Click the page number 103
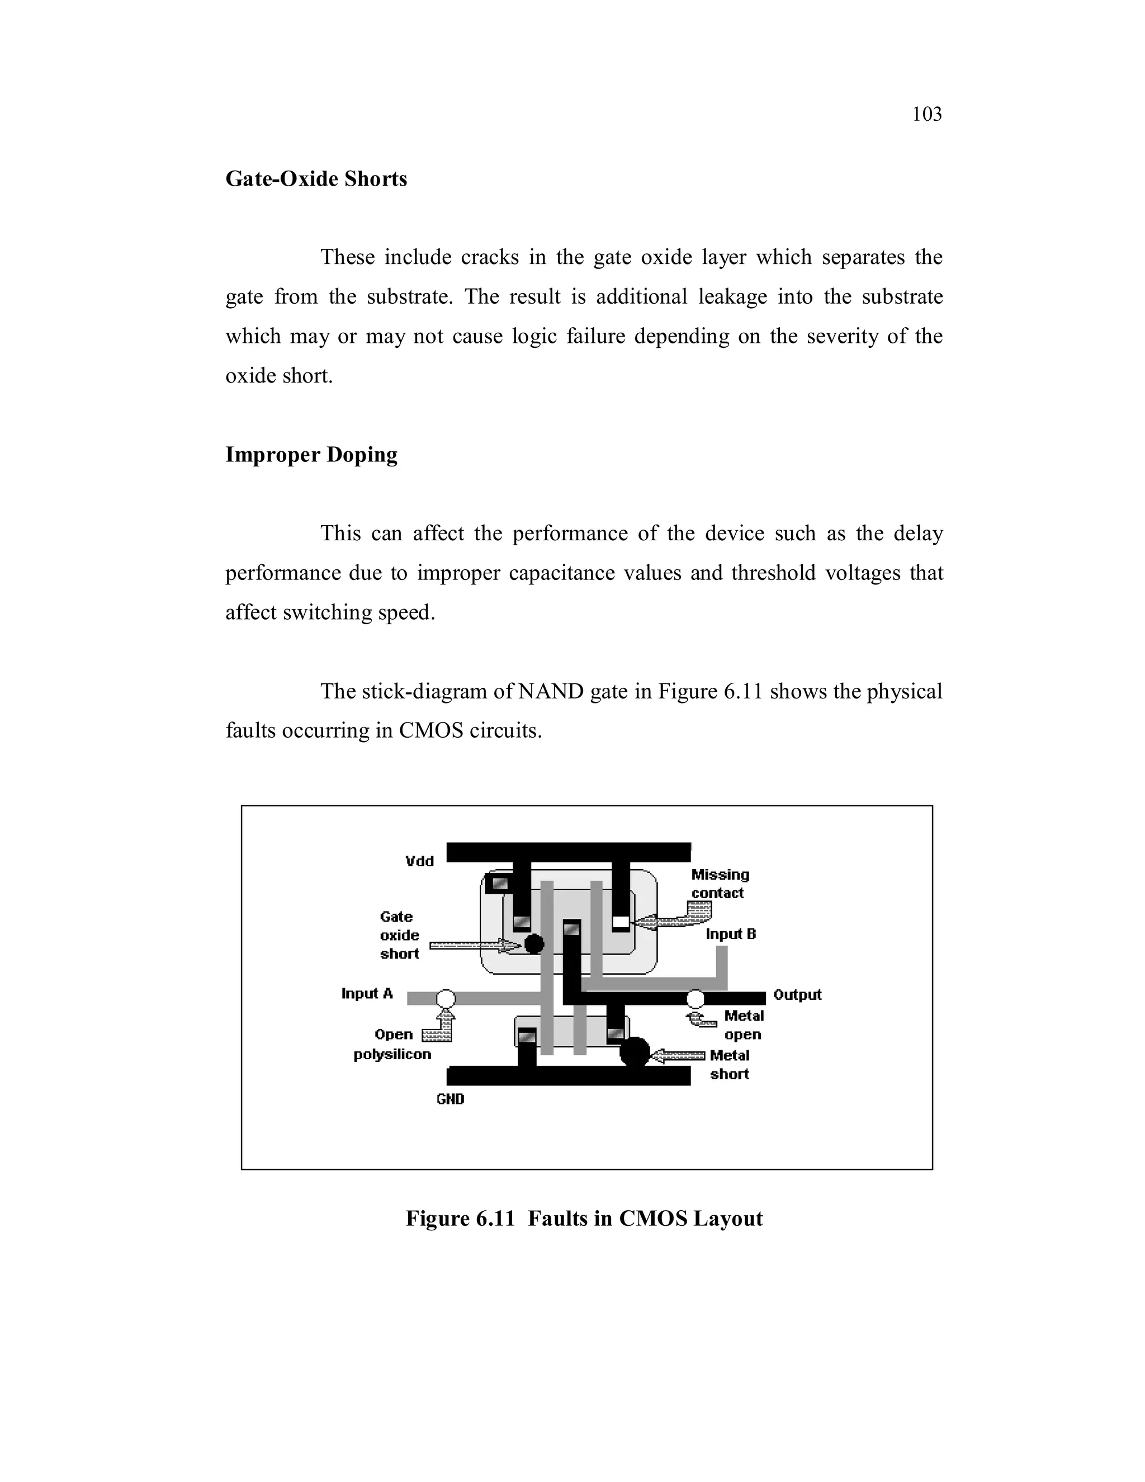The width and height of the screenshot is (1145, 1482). [x=926, y=114]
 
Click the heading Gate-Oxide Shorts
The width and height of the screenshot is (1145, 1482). [x=316, y=178]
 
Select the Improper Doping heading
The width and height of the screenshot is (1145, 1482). [x=311, y=454]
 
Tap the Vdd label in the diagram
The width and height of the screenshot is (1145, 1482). [x=419, y=861]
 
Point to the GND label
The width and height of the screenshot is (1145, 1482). [x=451, y=1098]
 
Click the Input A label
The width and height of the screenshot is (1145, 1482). [x=367, y=993]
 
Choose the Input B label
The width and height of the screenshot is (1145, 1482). [x=731, y=934]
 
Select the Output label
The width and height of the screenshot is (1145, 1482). [x=797, y=995]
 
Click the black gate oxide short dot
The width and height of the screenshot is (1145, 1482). [x=534, y=943]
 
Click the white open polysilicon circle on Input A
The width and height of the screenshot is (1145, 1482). [x=446, y=998]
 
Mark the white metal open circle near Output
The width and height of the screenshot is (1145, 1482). [x=695, y=998]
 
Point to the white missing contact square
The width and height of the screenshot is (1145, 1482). [x=621, y=922]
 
